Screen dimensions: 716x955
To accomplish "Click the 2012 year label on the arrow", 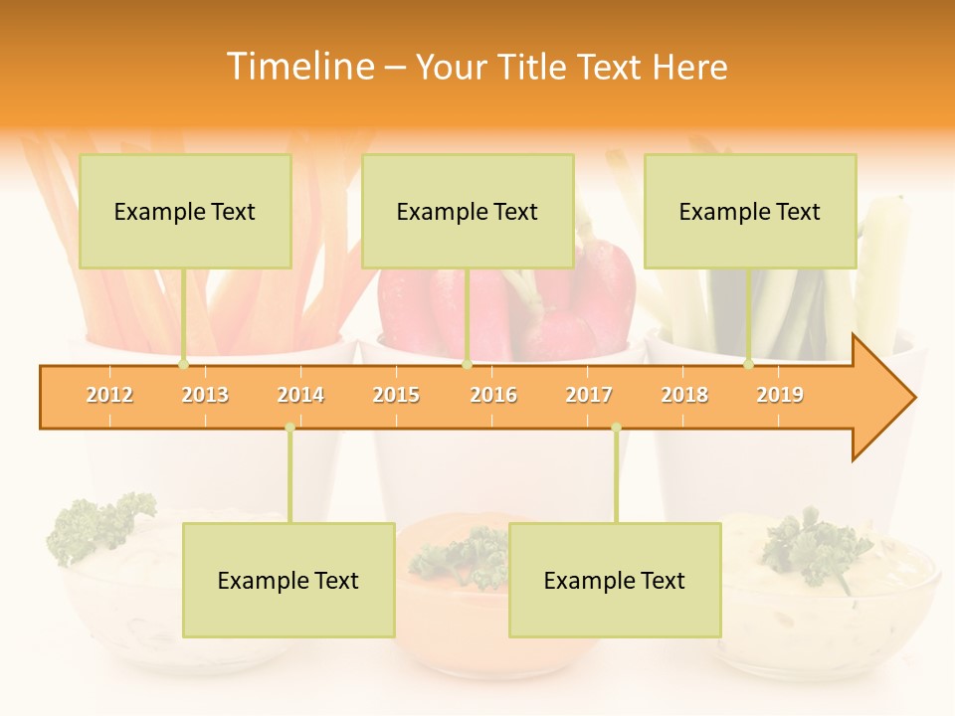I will (x=109, y=395).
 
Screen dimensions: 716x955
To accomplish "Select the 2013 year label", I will (x=205, y=395).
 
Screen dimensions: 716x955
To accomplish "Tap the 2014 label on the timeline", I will (x=300, y=395).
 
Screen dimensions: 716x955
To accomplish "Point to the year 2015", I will (x=396, y=395).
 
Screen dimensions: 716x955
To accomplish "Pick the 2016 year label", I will (x=493, y=395).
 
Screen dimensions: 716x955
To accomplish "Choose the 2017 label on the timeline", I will (x=589, y=395).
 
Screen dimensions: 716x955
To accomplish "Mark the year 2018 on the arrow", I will (x=684, y=395).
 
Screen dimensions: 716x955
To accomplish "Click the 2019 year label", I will (x=780, y=395).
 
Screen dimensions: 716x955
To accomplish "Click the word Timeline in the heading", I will (x=298, y=67).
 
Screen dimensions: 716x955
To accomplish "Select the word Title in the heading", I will (x=534, y=67).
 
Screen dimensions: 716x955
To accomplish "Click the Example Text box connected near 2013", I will (x=185, y=211).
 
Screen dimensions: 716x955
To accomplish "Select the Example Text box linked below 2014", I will (x=288, y=580).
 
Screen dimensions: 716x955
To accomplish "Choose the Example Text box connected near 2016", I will (x=468, y=211).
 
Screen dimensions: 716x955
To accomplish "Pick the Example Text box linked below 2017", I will (x=615, y=580).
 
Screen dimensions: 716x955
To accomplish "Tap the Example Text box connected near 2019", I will (x=750, y=211).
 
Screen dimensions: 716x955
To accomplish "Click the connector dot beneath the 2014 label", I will (x=289, y=428).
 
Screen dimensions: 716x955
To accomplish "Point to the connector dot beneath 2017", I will (x=616, y=428).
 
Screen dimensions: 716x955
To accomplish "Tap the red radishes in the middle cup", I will (x=597, y=298).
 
